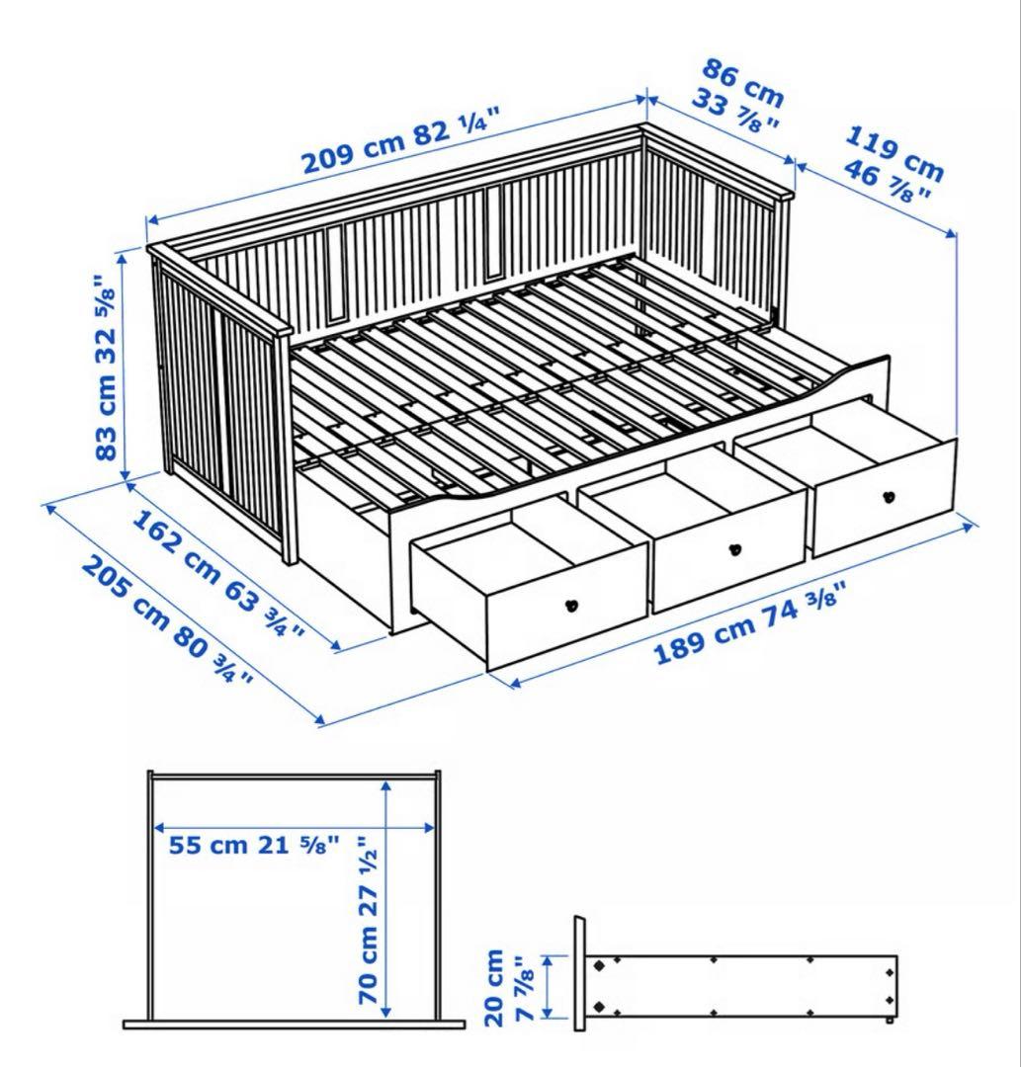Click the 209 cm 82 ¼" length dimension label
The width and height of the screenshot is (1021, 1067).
[400, 144]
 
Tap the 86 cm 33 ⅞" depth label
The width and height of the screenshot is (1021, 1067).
[740, 99]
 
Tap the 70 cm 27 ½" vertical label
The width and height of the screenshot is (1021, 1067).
[368, 919]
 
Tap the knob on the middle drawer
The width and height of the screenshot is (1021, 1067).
[733, 549]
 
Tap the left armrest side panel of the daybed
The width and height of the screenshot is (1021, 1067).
[219, 405]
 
